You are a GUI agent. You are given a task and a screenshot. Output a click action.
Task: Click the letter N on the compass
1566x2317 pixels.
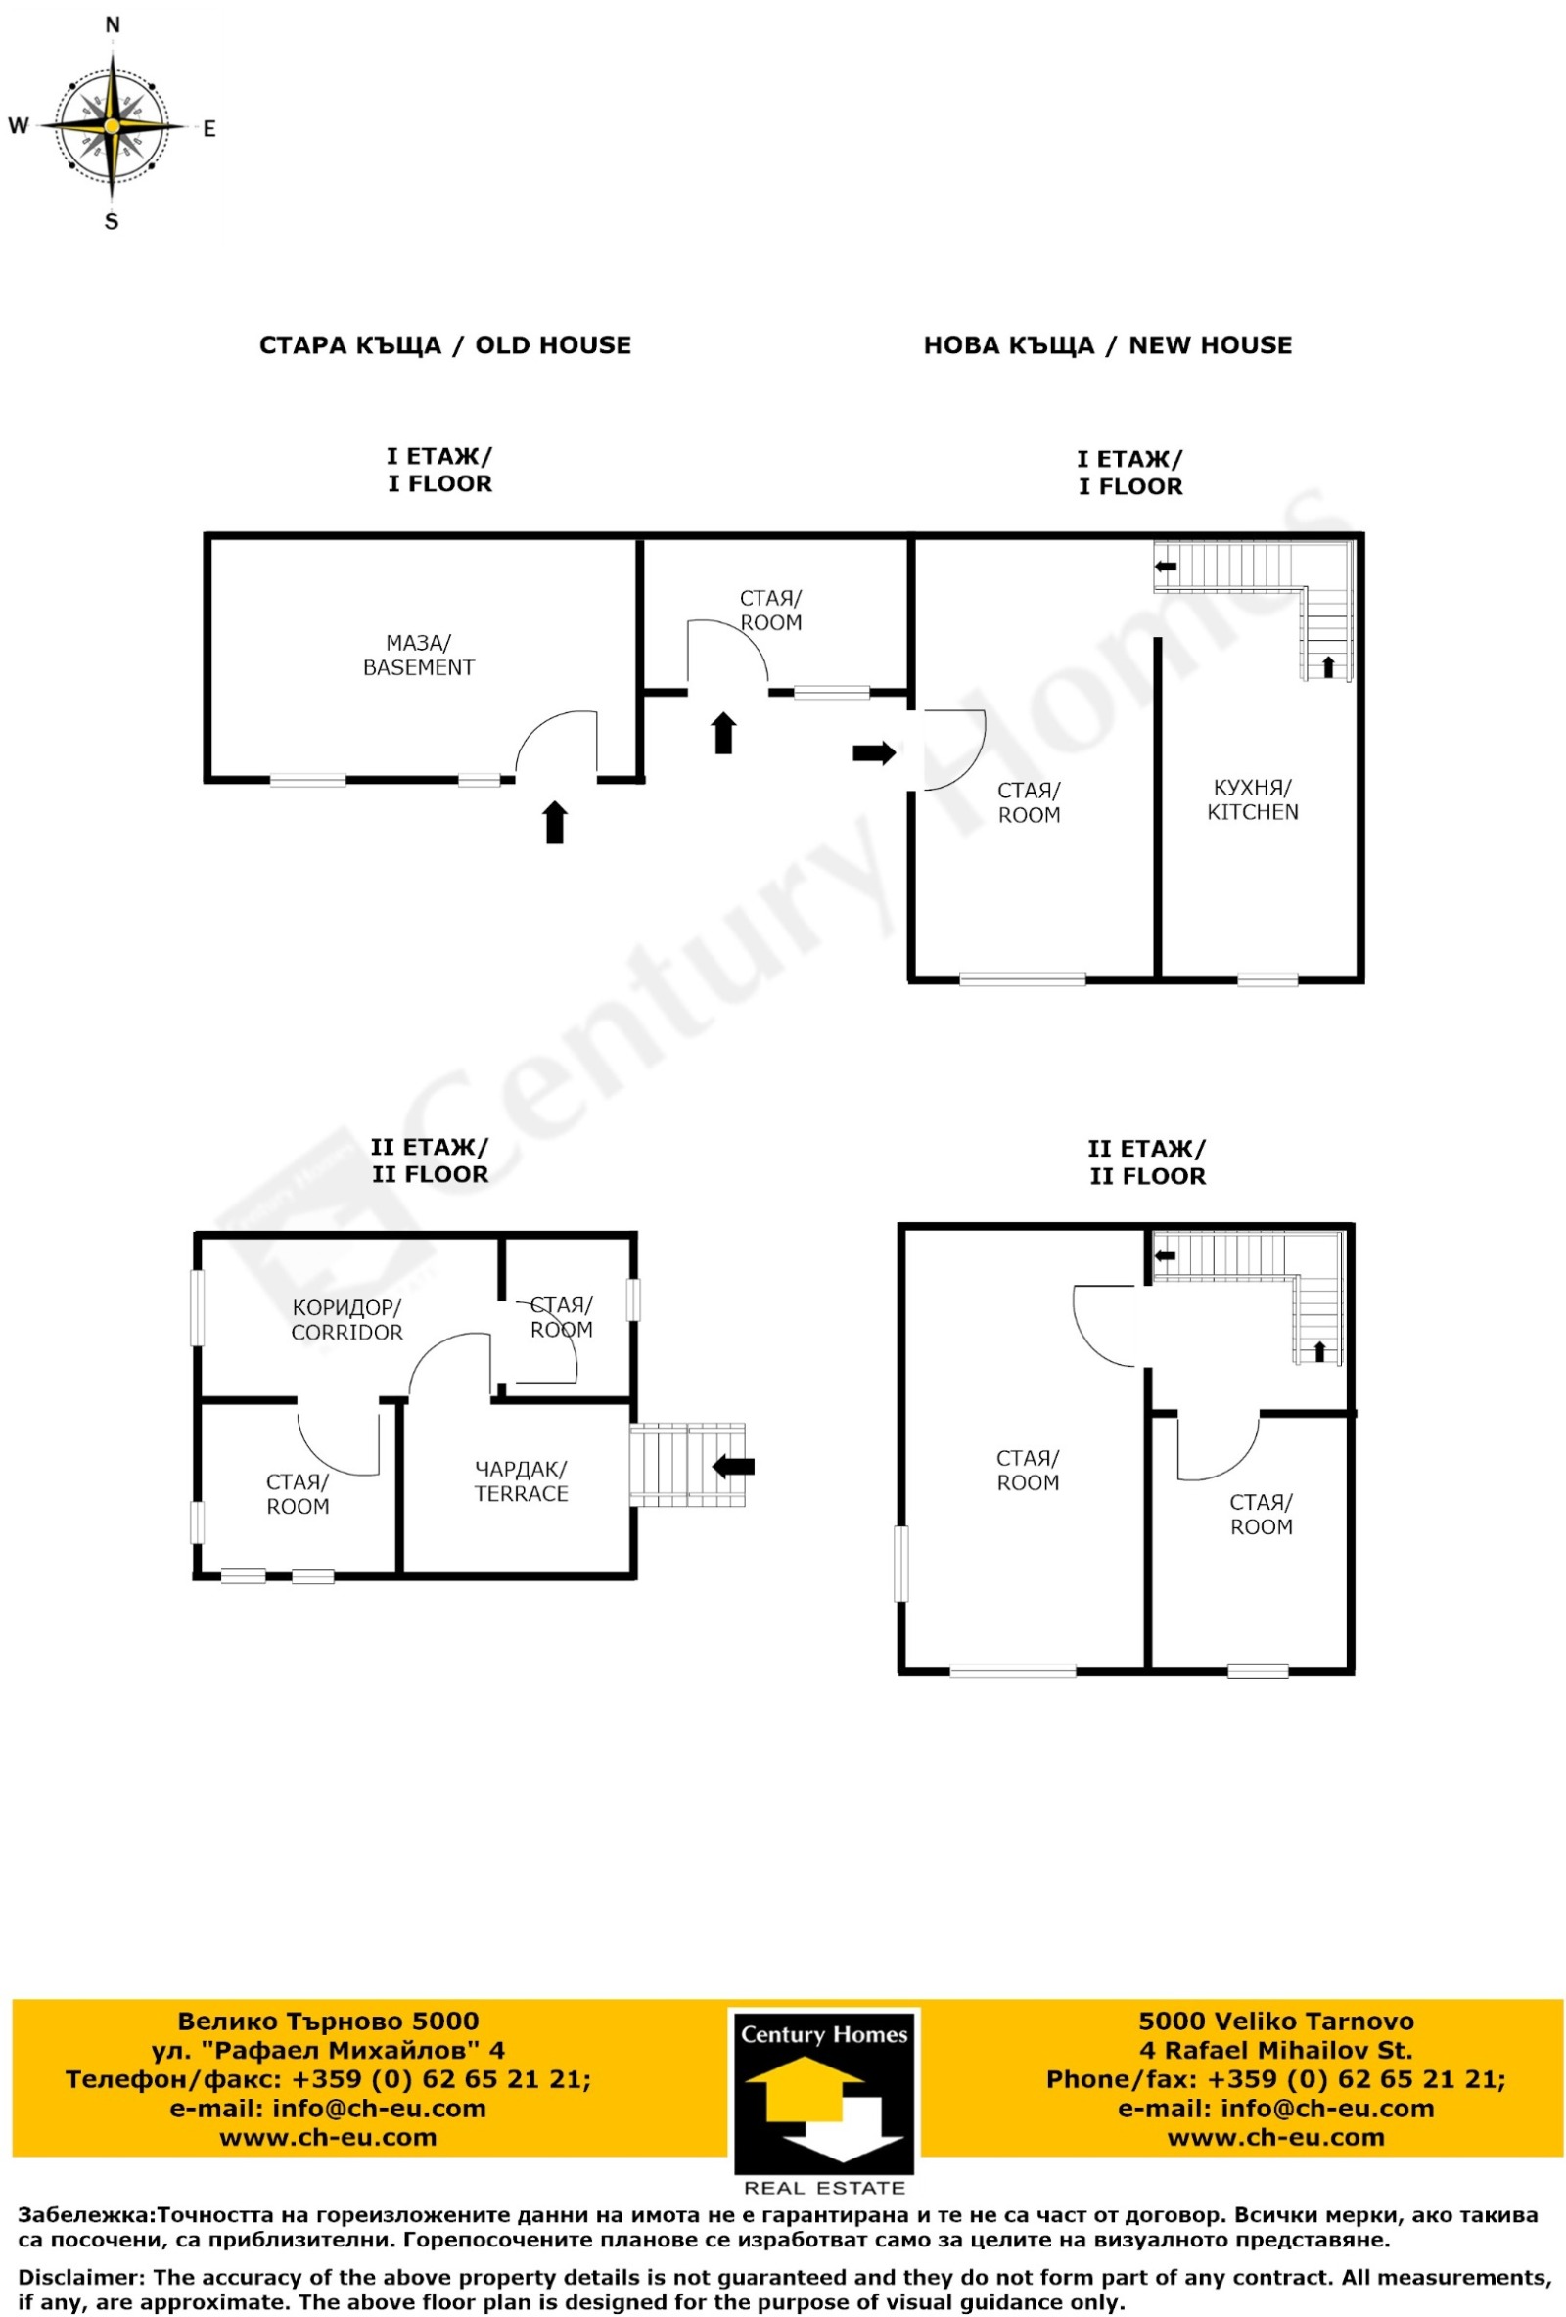113,25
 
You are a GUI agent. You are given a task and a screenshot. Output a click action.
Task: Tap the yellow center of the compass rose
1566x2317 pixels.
113,126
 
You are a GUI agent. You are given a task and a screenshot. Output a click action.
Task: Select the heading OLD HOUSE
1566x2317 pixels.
553,345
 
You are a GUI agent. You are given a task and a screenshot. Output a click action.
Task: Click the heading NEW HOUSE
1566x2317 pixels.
1210,345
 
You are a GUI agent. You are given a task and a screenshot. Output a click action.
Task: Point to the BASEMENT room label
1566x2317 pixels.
418,667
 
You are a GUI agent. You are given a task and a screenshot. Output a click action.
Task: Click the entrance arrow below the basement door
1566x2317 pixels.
555,823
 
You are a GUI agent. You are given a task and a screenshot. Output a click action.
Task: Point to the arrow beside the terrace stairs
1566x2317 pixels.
733,1466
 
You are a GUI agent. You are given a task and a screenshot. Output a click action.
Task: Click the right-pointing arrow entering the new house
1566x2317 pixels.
874,752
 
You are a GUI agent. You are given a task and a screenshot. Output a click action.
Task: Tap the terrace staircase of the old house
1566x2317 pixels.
688,1464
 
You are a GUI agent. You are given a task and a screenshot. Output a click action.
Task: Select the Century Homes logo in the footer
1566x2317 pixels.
824,2093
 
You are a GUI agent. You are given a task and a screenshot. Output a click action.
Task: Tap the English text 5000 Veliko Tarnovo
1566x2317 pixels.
1275,2021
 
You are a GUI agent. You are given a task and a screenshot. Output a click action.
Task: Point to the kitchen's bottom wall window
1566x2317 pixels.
1267,980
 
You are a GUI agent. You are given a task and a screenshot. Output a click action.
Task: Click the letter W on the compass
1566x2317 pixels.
18,125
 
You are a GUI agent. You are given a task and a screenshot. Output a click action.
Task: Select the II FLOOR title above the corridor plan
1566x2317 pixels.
430,1174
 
